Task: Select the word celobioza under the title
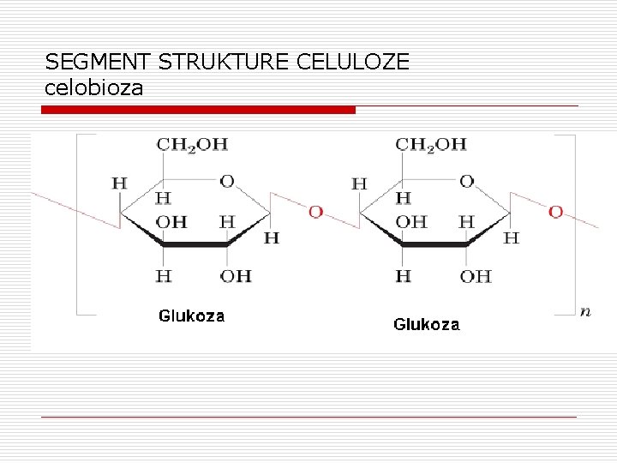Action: [x=93, y=87]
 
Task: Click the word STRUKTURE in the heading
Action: [x=223, y=62]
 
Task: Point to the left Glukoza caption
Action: [x=191, y=316]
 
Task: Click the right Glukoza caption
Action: [x=426, y=324]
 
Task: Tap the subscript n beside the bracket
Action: [x=584, y=311]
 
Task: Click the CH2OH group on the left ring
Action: [x=192, y=144]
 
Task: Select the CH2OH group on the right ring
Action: [x=431, y=144]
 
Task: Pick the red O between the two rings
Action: [x=315, y=212]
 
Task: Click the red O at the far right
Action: [x=555, y=212]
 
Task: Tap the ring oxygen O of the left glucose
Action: [x=227, y=181]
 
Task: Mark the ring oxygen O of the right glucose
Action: [x=466, y=181]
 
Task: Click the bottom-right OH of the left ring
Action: [x=236, y=275]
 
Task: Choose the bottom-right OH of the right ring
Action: [x=476, y=275]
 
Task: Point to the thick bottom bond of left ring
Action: [x=195, y=244]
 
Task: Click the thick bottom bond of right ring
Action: [x=434, y=244]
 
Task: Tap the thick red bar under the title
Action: [x=199, y=110]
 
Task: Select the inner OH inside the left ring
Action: [x=171, y=221]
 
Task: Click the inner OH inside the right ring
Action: [x=411, y=221]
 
